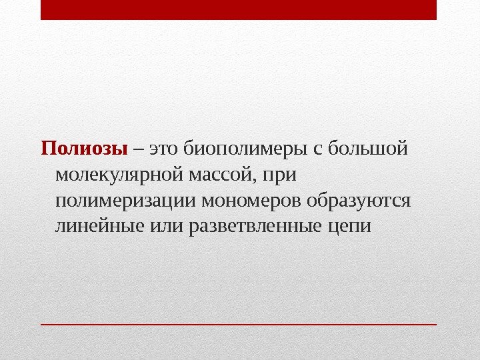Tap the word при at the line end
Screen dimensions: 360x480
click(280, 175)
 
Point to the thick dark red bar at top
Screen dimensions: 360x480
click(239, 10)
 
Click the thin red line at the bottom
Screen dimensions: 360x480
click(239, 324)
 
